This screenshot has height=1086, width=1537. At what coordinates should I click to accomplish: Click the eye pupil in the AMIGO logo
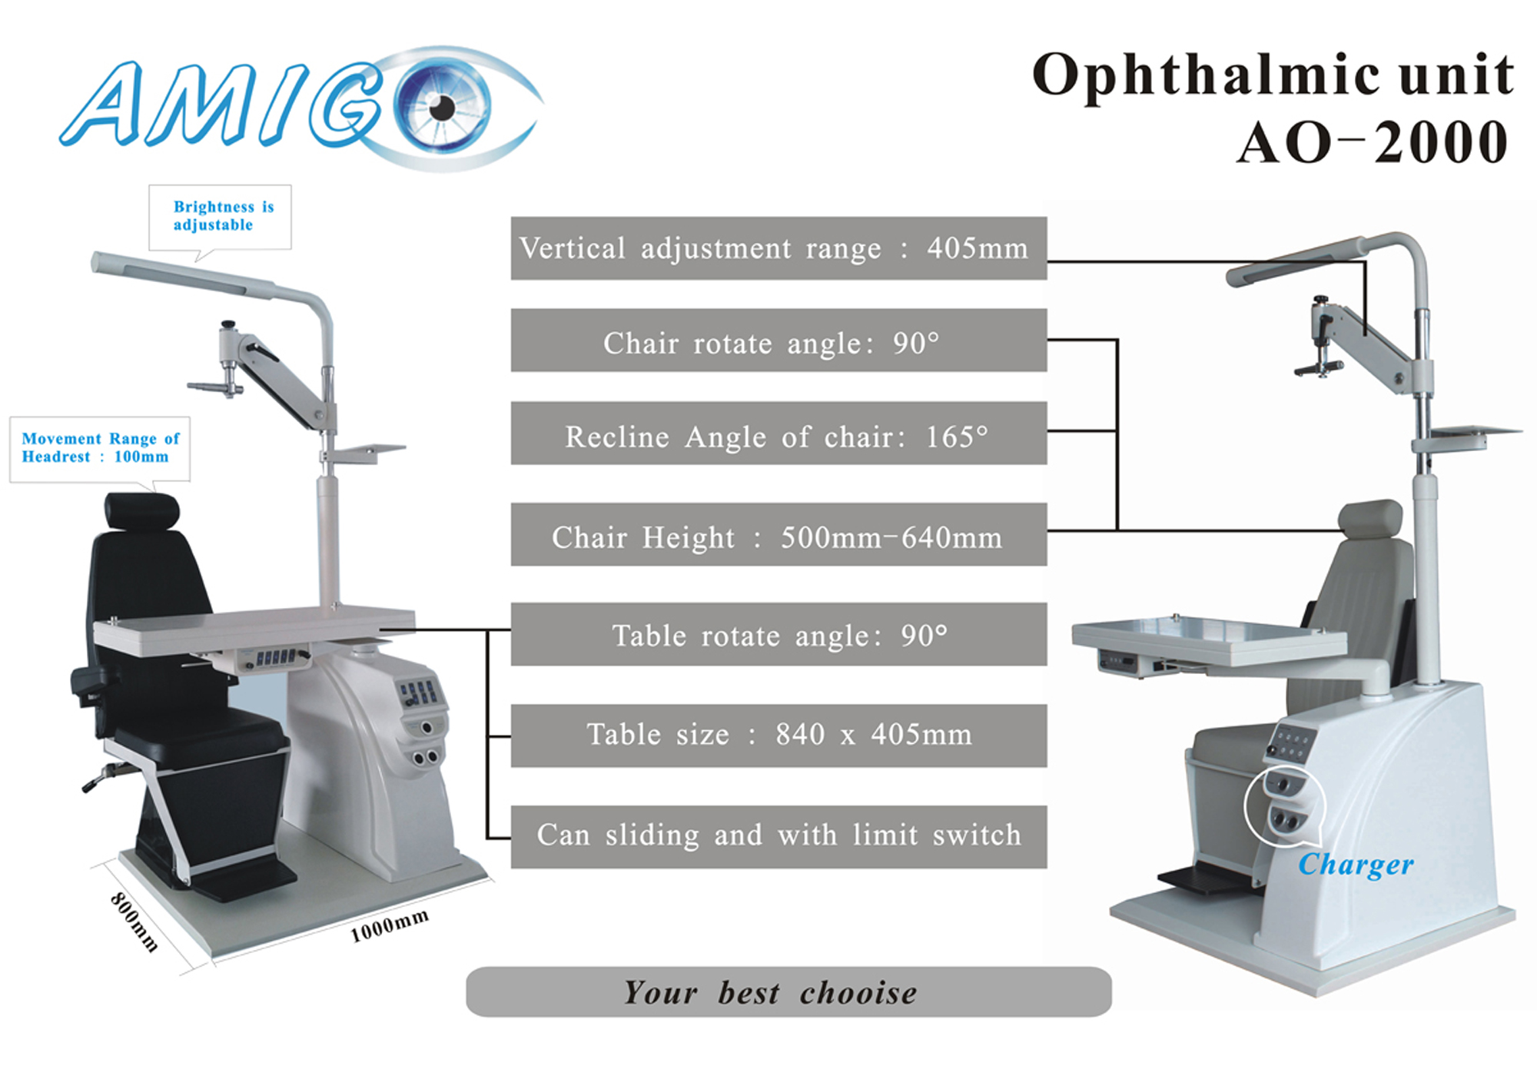442,108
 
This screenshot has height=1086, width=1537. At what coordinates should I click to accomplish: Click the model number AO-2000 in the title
1373,143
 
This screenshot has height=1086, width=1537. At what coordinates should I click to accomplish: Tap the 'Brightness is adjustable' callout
220,217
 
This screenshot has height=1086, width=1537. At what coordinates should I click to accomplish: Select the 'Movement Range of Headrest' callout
100,448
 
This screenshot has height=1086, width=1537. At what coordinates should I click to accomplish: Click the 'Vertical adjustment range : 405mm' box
778,248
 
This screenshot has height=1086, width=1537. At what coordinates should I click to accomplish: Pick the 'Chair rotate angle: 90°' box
778,340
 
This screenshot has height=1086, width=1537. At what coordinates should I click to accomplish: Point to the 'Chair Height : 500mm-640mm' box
778,535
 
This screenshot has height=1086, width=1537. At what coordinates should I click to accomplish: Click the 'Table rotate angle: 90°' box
778,634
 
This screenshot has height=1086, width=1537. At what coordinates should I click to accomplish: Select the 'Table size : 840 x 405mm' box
778,736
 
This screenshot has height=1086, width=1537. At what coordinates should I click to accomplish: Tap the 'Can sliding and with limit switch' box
778,837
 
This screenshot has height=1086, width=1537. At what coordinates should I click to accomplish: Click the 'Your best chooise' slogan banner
788,992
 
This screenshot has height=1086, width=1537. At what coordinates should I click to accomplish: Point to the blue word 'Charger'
1356,865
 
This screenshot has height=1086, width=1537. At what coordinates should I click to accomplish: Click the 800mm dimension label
134,922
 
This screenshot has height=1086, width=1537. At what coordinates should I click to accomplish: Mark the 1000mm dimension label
389,925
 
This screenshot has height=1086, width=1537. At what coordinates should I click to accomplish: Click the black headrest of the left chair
141,512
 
